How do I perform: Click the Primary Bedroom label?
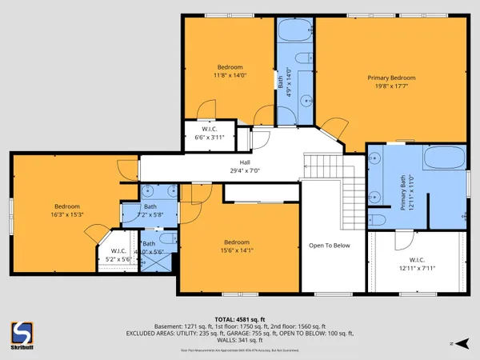391,78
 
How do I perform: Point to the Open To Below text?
330,246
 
